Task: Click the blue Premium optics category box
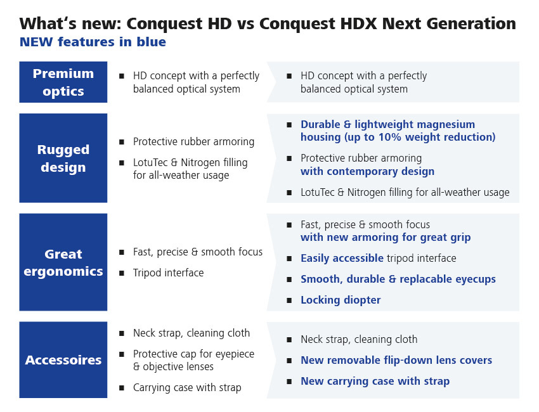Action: pyautogui.click(x=63, y=82)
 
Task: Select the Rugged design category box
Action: pyautogui.click(x=63, y=158)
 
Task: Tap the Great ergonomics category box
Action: pyautogui.click(x=63, y=262)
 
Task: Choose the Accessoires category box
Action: pyautogui.click(x=63, y=360)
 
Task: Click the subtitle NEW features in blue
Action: pyautogui.click(x=93, y=42)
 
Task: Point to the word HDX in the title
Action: pyautogui.click(x=358, y=23)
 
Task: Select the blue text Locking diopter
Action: pyautogui.click(x=341, y=300)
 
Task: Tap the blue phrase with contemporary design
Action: pyautogui.click(x=367, y=171)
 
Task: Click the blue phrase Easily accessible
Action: pyautogui.click(x=342, y=258)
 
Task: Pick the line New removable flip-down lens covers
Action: pyautogui.click(x=396, y=360)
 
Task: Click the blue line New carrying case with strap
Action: pyautogui.click(x=375, y=381)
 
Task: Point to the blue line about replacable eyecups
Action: pyautogui.click(x=398, y=279)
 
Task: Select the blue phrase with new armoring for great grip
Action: pyautogui.click(x=386, y=238)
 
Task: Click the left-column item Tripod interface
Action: pyautogui.click(x=169, y=273)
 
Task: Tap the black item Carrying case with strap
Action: pyautogui.click(x=187, y=388)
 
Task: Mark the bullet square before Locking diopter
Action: pyautogui.click(x=289, y=300)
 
